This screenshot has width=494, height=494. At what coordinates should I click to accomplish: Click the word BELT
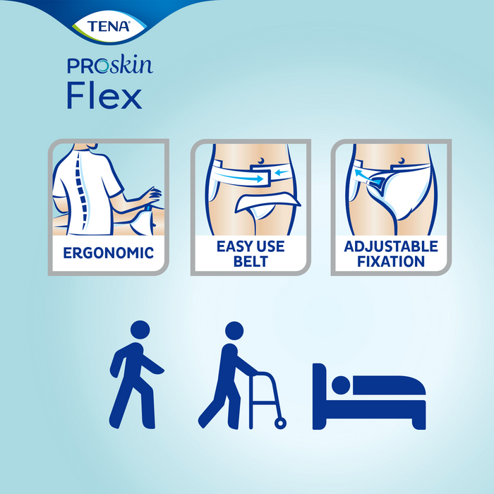pos(250,261)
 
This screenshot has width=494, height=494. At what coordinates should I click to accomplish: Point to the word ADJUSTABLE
pos(390,246)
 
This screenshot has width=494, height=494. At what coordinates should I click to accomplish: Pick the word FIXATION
pos(390,261)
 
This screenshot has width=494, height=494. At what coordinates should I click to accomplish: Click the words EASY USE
pos(250,246)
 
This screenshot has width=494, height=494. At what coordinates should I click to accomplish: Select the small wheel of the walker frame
pos(282,423)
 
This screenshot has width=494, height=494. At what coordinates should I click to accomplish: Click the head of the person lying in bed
pos(341,386)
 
